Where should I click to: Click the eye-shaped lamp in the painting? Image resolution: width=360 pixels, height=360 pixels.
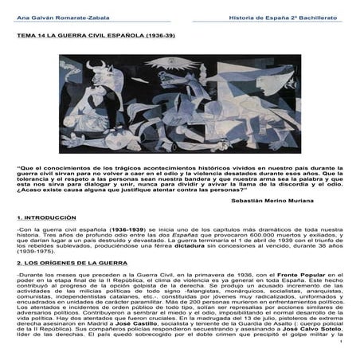click(x=185, y=61)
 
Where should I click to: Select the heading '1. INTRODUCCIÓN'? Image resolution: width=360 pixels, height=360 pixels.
click(x=46, y=217)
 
